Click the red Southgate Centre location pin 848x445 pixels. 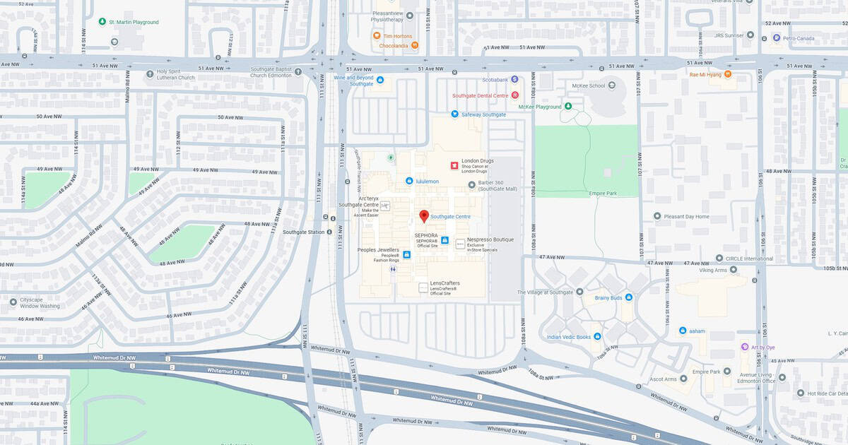pos(424,216)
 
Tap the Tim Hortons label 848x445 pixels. pos(398,36)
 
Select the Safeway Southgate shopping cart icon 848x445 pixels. pos(454,114)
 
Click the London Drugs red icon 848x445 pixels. pos(455,165)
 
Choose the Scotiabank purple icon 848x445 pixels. pos(514,79)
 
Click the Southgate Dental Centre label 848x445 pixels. pos(481,95)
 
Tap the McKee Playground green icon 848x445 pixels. pos(568,107)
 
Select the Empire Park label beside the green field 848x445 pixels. pos(603,194)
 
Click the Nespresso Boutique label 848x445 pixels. pos(490,239)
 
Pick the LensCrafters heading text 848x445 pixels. pos(444,283)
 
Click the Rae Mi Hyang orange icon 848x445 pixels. pos(727,74)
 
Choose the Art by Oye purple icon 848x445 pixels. pos(744,347)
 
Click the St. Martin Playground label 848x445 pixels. pos(134,22)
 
